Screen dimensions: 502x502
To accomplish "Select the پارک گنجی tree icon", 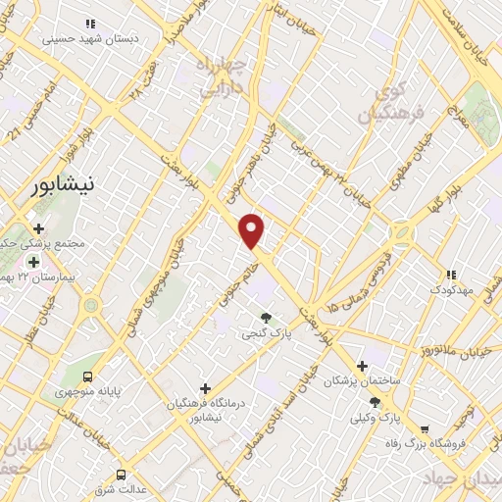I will [x=266, y=317].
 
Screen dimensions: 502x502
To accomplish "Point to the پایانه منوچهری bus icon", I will [x=89, y=376].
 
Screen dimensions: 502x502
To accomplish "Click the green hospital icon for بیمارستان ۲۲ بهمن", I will [x=34, y=262].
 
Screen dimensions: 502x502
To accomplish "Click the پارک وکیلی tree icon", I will [x=376, y=402].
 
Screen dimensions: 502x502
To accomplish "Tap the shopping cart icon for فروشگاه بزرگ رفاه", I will [x=425, y=428].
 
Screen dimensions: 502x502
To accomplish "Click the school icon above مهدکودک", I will [x=451, y=276].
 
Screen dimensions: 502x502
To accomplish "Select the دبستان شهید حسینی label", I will [x=94, y=39].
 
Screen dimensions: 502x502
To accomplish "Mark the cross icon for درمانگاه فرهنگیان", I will [x=204, y=389].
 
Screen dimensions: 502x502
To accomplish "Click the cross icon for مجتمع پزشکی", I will [x=38, y=228].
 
